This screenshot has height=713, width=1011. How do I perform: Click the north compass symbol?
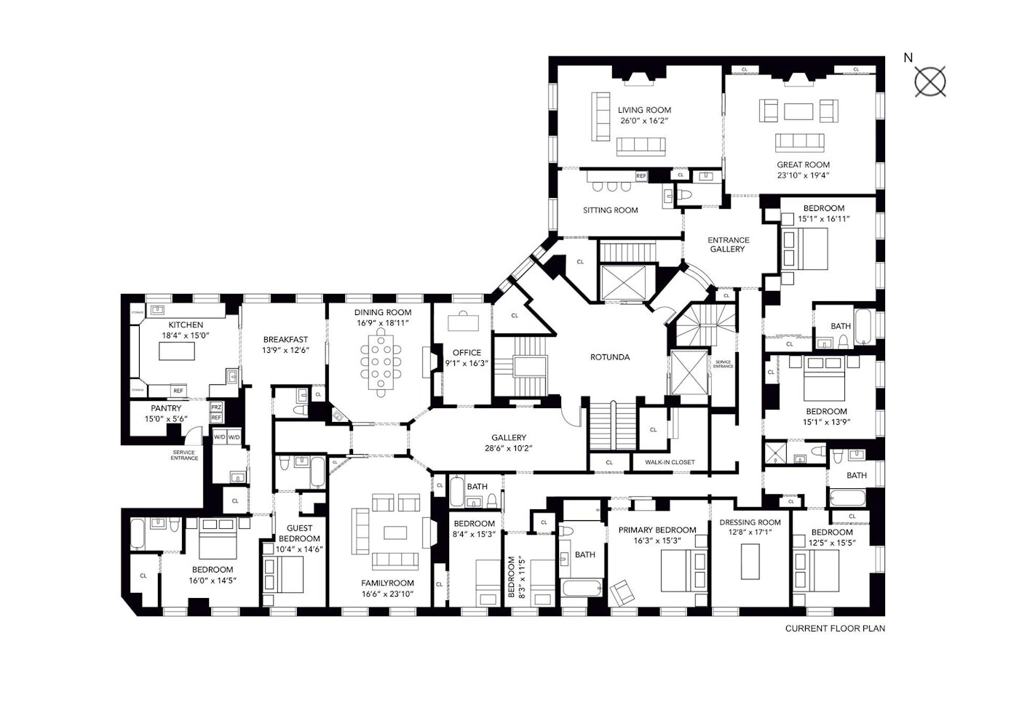pyautogui.click(x=929, y=81)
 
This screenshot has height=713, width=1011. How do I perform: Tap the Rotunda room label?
pyautogui.click(x=609, y=357)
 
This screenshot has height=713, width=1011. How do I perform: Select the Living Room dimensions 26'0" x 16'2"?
pyautogui.click(x=643, y=121)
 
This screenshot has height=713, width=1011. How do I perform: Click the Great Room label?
pyautogui.click(x=803, y=165)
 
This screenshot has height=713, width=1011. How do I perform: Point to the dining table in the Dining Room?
pyautogui.click(x=381, y=362)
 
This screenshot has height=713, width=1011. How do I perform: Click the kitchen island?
pyautogui.click(x=178, y=351)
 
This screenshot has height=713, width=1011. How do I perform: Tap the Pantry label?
pyautogui.click(x=166, y=409)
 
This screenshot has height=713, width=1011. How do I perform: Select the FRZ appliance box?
pyautogui.click(x=216, y=407)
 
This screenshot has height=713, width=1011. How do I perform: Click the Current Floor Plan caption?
pyautogui.click(x=835, y=629)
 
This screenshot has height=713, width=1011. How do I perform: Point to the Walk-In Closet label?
pyautogui.click(x=670, y=462)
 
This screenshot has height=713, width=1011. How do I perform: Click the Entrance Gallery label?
pyautogui.click(x=728, y=244)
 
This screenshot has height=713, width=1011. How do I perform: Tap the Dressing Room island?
pyautogui.click(x=750, y=560)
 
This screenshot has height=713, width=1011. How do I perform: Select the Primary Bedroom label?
pyautogui.click(x=657, y=530)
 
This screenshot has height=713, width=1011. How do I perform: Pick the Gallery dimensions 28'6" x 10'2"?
pyautogui.click(x=508, y=448)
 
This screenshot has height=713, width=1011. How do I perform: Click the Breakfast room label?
pyautogui.click(x=285, y=340)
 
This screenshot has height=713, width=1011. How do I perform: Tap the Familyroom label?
pyautogui.click(x=387, y=583)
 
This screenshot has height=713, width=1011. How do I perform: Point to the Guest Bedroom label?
pyautogui.click(x=299, y=533)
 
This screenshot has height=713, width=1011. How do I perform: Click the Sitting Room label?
pyautogui.click(x=610, y=210)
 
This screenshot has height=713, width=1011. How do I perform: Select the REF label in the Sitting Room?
pyautogui.click(x=641, y=176)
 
